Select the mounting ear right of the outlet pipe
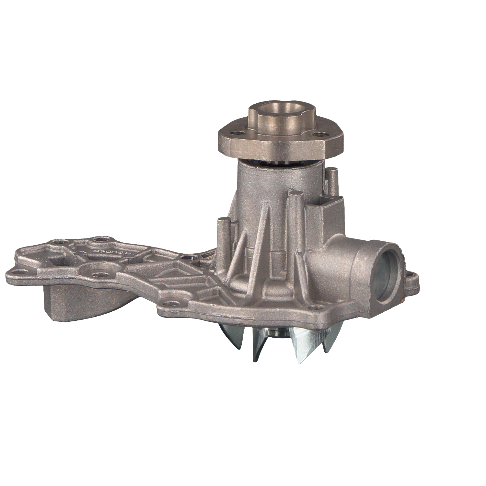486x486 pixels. click(x=412, y=278)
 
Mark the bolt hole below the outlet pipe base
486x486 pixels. click(x=313, y=307)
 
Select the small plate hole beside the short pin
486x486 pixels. click(x=186, y=257)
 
